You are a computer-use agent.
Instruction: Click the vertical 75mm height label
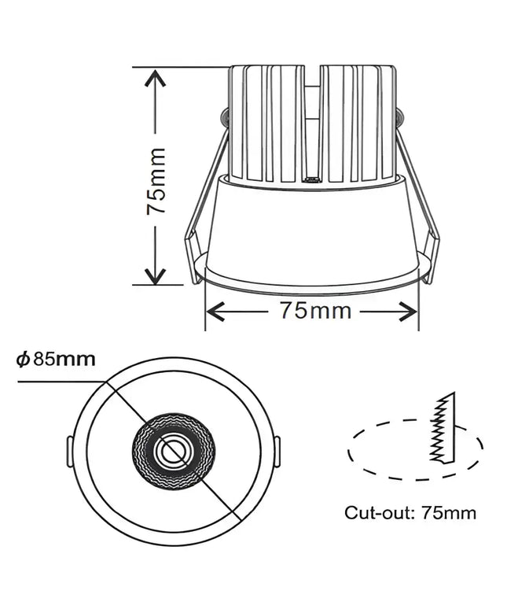156,181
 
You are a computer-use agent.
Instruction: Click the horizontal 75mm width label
314,311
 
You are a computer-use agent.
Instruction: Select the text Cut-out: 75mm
410,512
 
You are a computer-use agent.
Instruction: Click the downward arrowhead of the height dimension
156,275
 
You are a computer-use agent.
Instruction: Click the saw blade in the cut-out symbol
443,429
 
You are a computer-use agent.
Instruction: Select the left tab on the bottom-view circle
68,452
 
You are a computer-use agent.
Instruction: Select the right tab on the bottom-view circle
277,452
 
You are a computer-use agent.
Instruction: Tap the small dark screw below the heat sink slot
312,180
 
